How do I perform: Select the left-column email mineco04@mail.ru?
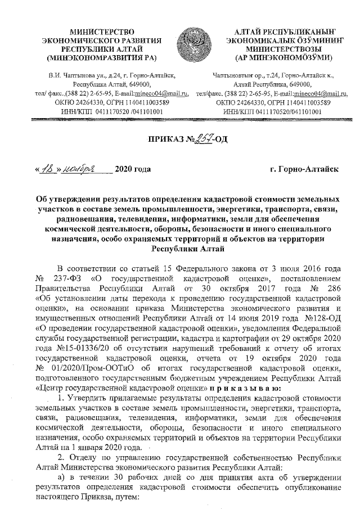[x=157, y=93]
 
